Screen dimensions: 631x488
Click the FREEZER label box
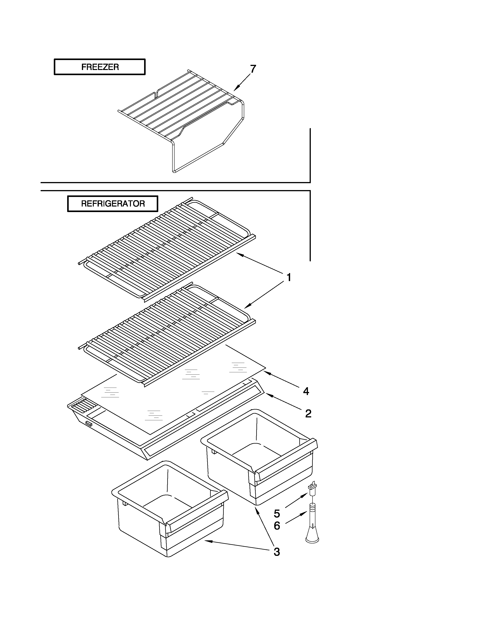point(100,67)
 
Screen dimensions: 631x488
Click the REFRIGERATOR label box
point(113,204)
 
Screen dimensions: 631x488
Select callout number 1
point(289,277)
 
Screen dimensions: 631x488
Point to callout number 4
point(306,391)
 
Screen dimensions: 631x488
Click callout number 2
point(308,414)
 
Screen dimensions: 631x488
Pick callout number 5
point(277,514)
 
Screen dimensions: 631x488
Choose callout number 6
point(277,526)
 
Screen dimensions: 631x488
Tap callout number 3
point(277,552)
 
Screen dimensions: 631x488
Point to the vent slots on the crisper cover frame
point(82,404)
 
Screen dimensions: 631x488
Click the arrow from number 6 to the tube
point(296,517)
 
